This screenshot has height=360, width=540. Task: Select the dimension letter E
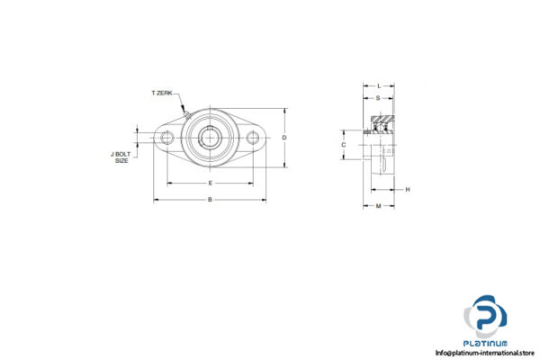click(x=211, y=183)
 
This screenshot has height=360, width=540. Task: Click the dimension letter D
click(x=284, y=138)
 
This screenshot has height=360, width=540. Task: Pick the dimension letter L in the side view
click(x=378, y=85)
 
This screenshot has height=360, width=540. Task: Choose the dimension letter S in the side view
click(x=377, y=97)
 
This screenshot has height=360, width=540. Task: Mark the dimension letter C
click(x=344, y=144)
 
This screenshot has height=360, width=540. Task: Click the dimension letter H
click(x=407, y=189)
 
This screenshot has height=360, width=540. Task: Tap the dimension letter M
click(x=378, y=206)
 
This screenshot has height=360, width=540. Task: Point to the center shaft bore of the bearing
click(x=211, y=138)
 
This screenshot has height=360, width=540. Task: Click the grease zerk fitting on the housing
click(x=185, y=113)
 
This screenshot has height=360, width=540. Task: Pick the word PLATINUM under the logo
click(x=486, y=343)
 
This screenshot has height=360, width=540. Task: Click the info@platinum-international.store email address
click(x=485, y=353)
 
